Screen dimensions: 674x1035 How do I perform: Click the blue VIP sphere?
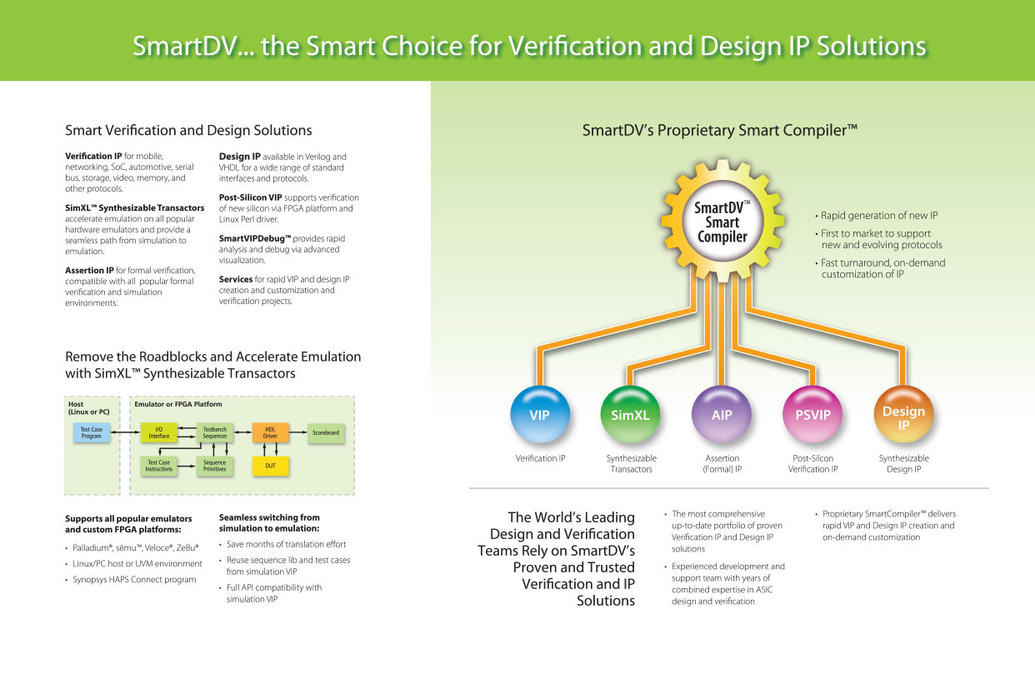tap(539, 414)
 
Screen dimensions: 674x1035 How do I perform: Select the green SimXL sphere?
tap(631, 414)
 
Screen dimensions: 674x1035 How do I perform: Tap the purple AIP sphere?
tap(722, 414)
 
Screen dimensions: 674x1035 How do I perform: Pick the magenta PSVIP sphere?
tap(812, 414)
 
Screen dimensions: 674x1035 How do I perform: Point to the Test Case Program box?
tap(91, 433)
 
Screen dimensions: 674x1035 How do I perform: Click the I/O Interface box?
tap(159, 433)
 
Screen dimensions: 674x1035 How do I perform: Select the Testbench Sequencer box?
tap(215, 433)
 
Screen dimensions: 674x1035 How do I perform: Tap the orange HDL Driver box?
tap(270, 433)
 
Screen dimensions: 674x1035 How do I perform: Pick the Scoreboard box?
tap(326, 433)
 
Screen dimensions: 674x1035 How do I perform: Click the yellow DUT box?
tap(270, 466)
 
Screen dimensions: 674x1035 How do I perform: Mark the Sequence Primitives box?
tap(215, 466)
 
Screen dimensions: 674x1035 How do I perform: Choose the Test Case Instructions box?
tap(159, 466)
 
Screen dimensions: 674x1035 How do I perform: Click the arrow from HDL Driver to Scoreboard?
tap(297, 433)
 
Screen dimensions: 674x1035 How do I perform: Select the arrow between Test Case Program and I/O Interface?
tap(125, 433)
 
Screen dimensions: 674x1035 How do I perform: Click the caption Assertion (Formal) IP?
tap(722, 464)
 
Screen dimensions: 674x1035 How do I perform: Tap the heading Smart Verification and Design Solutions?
tap(188, 131)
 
